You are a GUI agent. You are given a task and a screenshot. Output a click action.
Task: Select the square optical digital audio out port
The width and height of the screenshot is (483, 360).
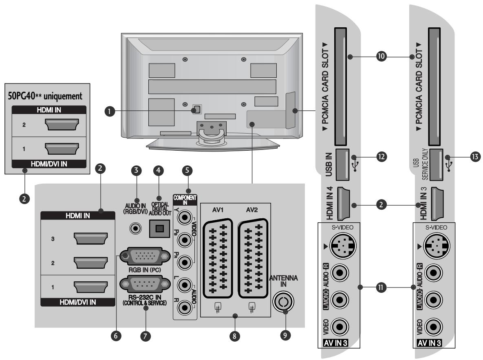coord(159,228)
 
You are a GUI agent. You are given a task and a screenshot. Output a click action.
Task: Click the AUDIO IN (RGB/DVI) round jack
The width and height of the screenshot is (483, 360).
coord(136,228)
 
